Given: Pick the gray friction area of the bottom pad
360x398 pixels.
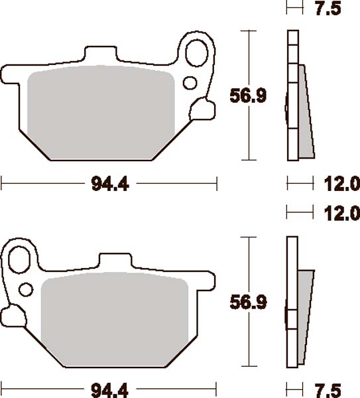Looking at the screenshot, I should (116, 318).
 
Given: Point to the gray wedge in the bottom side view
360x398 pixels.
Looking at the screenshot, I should (306, 312).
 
